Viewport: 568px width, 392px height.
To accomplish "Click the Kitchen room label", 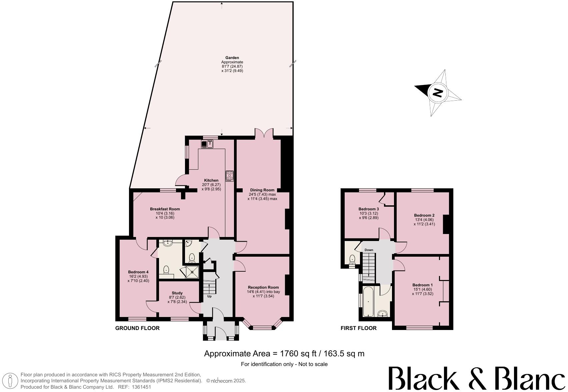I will (211, 180).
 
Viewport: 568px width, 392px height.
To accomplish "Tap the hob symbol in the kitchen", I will (229, 176).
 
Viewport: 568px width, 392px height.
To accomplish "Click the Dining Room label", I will (262, 190).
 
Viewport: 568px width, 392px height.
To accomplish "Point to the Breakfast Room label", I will (165, 209).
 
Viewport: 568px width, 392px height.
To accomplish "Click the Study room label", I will (177, 293).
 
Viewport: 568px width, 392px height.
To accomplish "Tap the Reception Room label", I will (263, 287).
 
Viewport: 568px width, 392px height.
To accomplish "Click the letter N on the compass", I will (437, 92).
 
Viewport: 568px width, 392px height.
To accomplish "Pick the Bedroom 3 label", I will (368, 209).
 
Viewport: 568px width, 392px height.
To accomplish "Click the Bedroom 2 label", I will (424, 215).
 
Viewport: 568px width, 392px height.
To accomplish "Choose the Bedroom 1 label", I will (422, 285).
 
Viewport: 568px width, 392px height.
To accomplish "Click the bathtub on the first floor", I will (368, 301).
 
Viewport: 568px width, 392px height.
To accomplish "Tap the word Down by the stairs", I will (369, 250).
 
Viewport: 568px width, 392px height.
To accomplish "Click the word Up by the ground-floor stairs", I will (209, 296).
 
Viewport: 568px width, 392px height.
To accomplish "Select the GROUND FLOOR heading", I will (137, 328).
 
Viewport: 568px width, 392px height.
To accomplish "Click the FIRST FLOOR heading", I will (358, 328).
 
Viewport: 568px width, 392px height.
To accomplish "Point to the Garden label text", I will (232, 58).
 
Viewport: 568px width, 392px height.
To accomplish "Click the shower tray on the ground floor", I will (192, 272).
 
